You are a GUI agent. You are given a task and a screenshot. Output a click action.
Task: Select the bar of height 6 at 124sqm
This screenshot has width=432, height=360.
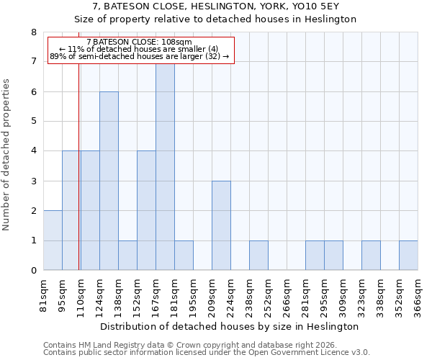coord(109,181)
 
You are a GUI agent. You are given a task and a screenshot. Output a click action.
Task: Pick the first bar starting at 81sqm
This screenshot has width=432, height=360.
coord(53,240)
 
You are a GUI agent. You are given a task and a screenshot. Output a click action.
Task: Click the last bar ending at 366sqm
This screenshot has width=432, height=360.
coord(408,256)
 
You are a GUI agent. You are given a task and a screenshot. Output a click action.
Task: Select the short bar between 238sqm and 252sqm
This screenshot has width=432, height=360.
coord(258,256)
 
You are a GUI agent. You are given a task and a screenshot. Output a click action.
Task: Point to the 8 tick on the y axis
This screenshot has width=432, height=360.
coord(33,32)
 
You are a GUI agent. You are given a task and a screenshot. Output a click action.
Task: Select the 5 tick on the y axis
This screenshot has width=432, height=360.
coord(33,122)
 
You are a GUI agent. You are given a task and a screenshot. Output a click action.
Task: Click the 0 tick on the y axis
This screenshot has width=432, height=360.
coord(33,271)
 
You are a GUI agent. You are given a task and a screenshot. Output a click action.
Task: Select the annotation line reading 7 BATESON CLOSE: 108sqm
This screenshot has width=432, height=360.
coord(139,42)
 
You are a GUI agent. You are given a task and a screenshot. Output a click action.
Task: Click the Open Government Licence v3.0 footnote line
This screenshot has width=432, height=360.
coord(207,353)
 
